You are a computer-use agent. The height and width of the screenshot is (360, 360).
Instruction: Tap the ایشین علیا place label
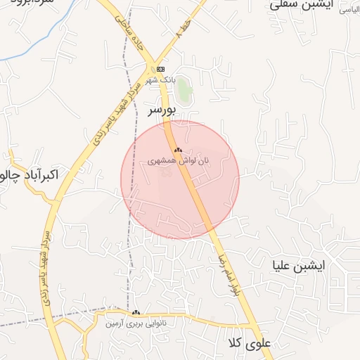pyautogui.click(x=298, y=266)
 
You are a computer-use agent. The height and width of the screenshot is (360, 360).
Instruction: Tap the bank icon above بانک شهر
pyautogui.click(x=161, y=69)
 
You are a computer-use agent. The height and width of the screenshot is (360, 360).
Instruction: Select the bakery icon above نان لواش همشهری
pyautogui.click(x=178, y=150)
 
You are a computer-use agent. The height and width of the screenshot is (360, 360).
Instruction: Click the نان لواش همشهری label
pyautogui.click(x=179, y=160)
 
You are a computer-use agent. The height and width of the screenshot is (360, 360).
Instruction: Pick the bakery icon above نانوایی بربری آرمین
pyautogui.click(x=136, y=312)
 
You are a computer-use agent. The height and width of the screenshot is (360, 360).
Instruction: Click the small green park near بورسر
pyautogui.click(x=184, y=90)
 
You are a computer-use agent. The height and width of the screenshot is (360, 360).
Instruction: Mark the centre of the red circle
pyautogui.click(x=180, y=180)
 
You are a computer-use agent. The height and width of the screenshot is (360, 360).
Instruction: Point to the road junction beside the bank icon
pyautogui.click(x=150, y=68)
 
